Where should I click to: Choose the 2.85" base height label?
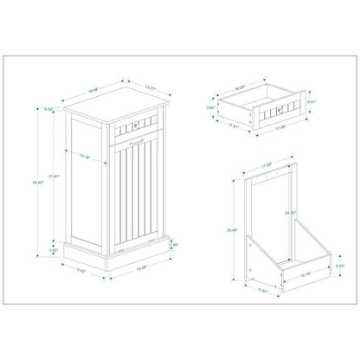[173, 245]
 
